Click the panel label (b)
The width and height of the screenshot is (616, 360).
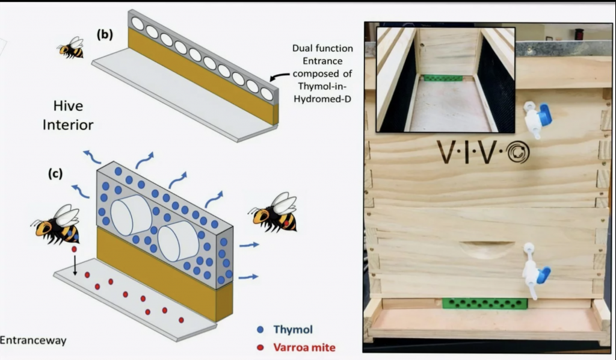pos(105,34)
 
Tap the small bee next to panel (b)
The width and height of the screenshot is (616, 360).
pos(72,48)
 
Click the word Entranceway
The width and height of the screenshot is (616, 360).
pos(32,341)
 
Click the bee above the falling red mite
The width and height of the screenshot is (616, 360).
pos(58,224)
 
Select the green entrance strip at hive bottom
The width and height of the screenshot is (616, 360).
pos(485,303)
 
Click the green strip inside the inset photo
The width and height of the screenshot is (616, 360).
pos(443,78)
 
